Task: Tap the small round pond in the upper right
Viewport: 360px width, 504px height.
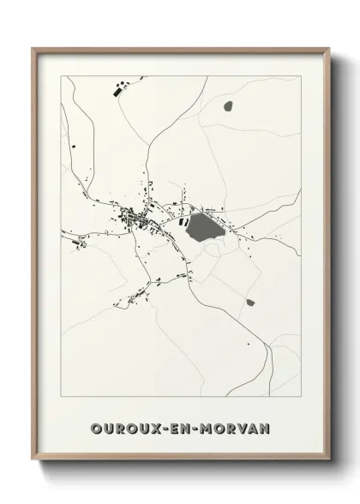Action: [x=227, y=106]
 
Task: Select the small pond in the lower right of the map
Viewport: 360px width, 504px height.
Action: [x=249, y=302]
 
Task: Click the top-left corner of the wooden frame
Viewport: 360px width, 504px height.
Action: [x=33, y=49]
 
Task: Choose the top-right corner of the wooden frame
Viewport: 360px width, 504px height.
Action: [x=329, y=49]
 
